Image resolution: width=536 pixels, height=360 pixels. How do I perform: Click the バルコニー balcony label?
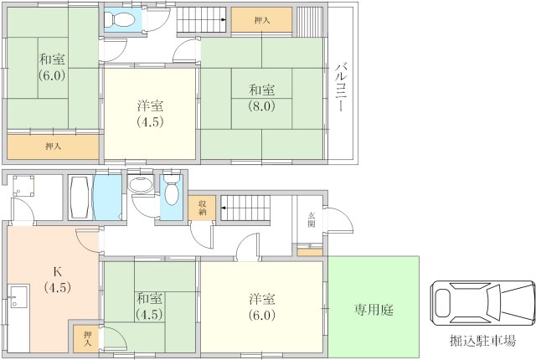click(340, 88)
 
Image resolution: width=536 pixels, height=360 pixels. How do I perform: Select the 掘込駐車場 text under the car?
click(482, 341)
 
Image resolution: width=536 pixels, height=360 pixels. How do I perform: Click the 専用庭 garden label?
click(374, 310)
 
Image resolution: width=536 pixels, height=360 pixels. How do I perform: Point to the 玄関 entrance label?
click(312, 219)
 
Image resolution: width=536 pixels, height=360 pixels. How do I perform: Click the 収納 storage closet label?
click(203, 208)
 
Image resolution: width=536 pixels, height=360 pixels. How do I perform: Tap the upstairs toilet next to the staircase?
click(119, 20)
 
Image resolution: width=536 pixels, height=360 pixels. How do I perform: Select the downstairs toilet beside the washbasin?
click(172, 190)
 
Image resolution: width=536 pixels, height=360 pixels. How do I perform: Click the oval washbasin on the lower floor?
click(141, 185)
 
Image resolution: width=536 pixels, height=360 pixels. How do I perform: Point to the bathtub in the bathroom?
click(80, 197)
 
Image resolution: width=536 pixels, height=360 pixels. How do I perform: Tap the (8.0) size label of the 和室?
click(261, 106)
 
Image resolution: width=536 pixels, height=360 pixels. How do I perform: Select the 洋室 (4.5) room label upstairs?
click(151, 114)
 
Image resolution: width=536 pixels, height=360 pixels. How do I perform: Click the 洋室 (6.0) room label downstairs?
click(262, 306)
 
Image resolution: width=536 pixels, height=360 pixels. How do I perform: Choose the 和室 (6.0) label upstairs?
click(52, 67)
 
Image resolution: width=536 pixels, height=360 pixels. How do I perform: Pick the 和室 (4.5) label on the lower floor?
click(149, 306)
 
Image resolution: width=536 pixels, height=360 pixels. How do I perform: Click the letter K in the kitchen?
click(58, 272)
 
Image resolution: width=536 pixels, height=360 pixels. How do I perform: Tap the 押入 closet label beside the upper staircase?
click(262, 20)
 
